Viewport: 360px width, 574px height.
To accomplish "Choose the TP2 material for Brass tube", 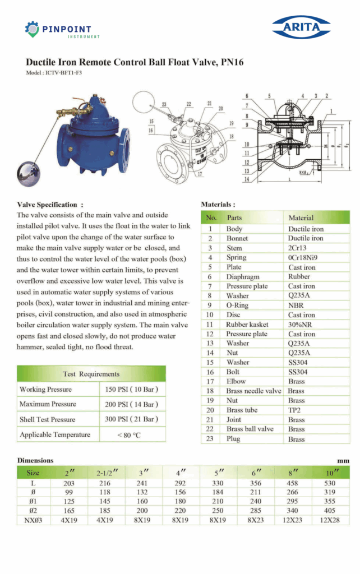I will [296, 410].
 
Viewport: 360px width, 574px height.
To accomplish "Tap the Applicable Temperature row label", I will [54, 435].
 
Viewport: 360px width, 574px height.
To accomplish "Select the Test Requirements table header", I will [91, 374].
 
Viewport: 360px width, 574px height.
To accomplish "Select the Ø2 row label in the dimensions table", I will [33, 511].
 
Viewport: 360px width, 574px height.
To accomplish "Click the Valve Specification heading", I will [50, 205].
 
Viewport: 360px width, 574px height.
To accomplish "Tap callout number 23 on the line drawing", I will [164, 104].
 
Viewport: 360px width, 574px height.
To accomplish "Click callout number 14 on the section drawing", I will [247, 179].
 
